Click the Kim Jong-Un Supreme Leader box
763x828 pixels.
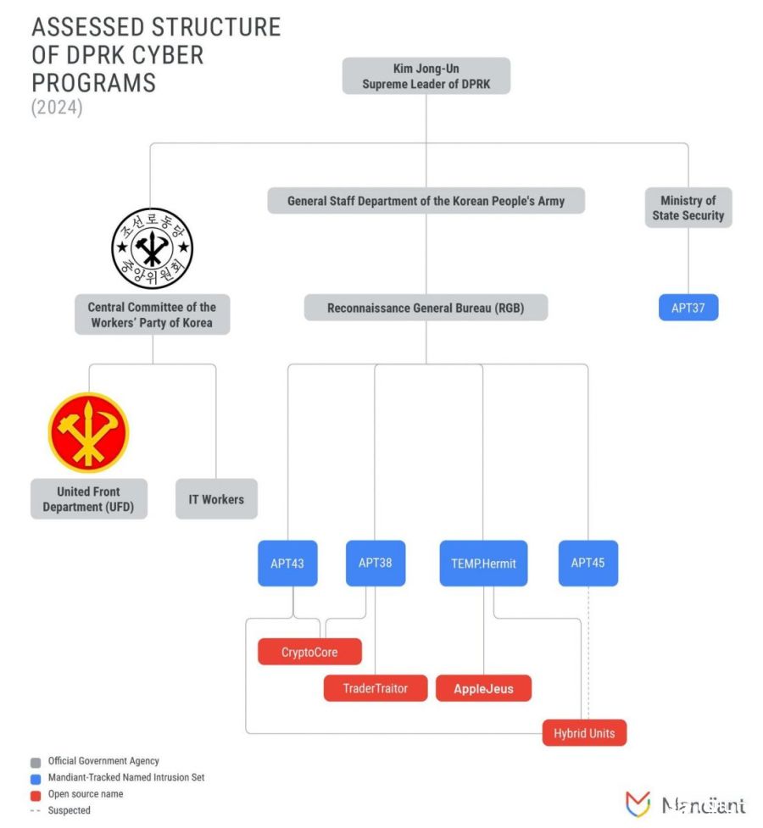(x=426, y=76)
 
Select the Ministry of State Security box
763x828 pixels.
(x=688, y=208)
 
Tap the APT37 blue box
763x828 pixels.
(x=688, y=308)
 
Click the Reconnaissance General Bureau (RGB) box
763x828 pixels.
(x=426, y=308)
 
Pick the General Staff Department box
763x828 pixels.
(x=426, y=201)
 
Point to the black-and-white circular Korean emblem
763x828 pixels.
(x=153, y=248)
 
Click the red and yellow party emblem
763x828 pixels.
(x=88, y=432)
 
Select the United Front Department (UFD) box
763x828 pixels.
(x=89, y=498)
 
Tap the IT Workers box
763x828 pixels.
(x=216, y=498)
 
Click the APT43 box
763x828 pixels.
(x=287, y=563)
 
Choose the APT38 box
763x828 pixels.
(x=376, y=563)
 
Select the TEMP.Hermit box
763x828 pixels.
(x=483, y=563)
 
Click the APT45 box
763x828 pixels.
(x=588, y=563)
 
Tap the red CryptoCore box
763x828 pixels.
(x=309, y=652)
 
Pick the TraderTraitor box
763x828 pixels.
(x=376, y=688)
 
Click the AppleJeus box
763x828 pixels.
(x=483, y=688)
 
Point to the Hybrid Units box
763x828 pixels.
(x=584, y=733)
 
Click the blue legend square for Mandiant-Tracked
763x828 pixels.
(x=36, y=779)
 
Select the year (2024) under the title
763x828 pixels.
(x=57, y=107)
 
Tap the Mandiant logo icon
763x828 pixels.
(x=638, y=803)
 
